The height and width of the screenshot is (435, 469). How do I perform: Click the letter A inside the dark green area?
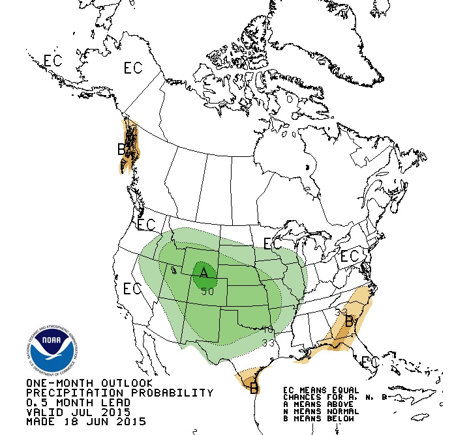click(204, 272)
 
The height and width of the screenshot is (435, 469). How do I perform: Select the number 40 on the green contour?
click(267, 330)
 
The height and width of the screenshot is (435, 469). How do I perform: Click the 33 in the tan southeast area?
click(340, 312)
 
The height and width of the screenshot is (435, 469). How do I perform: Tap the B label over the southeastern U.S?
click(349, 322)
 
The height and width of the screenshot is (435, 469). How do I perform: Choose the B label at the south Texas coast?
click(253, 389)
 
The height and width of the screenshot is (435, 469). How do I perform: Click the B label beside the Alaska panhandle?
click(121, 150)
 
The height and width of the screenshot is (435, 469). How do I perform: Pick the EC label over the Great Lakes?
click(273, 244)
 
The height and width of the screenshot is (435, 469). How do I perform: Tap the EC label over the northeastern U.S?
click(350, 256)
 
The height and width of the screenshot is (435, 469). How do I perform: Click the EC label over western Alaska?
click(53, 61)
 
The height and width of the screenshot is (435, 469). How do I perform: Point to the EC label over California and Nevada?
click(132, 288)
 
